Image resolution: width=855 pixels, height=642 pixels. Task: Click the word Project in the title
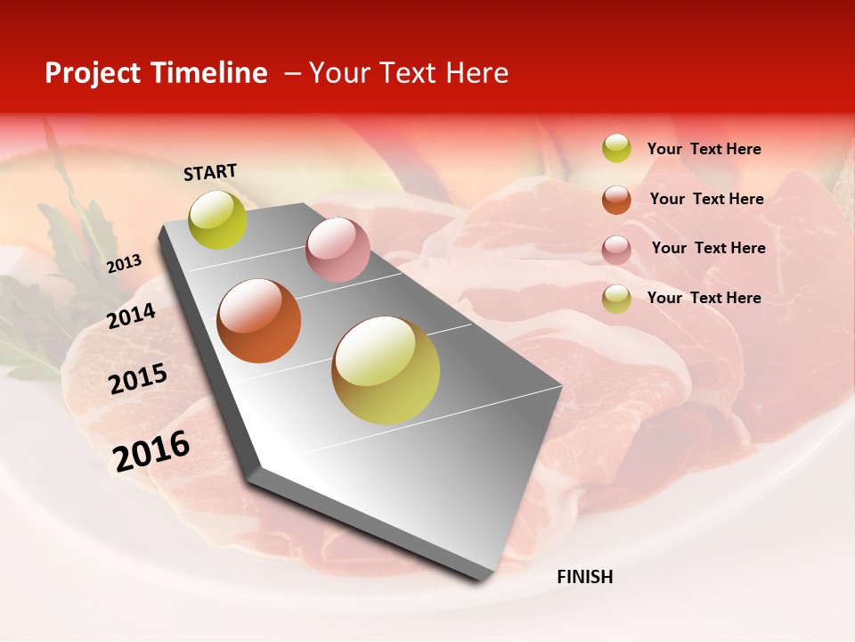click(94, 73)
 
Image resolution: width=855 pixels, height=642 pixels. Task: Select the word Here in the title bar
click(476, 73)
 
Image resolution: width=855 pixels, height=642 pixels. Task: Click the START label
click(210, 172)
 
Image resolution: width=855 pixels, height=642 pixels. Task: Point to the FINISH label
click(584, 577)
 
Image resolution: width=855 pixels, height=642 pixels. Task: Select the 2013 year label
click(124, 264)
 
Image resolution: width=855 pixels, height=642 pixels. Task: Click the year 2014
click(132, 316)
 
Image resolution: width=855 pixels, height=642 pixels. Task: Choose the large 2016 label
click(151, 450)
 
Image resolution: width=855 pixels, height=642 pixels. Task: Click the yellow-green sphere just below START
click(217, 219)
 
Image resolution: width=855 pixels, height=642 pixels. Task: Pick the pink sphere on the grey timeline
click(338, 250)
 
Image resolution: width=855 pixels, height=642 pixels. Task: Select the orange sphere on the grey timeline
click(259, 321)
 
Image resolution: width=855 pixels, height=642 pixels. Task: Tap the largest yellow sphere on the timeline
click(386, 370)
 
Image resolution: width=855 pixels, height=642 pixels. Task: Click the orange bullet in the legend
click(616, 200)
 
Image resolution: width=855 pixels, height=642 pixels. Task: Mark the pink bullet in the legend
click(616, 250)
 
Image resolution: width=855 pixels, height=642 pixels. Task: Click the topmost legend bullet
click(616, 148)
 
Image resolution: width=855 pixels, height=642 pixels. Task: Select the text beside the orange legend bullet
click(706, 199)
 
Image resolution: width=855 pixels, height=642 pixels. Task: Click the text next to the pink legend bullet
click(708, 248)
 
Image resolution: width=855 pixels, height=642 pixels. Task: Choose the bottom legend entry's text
click(704, 298)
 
